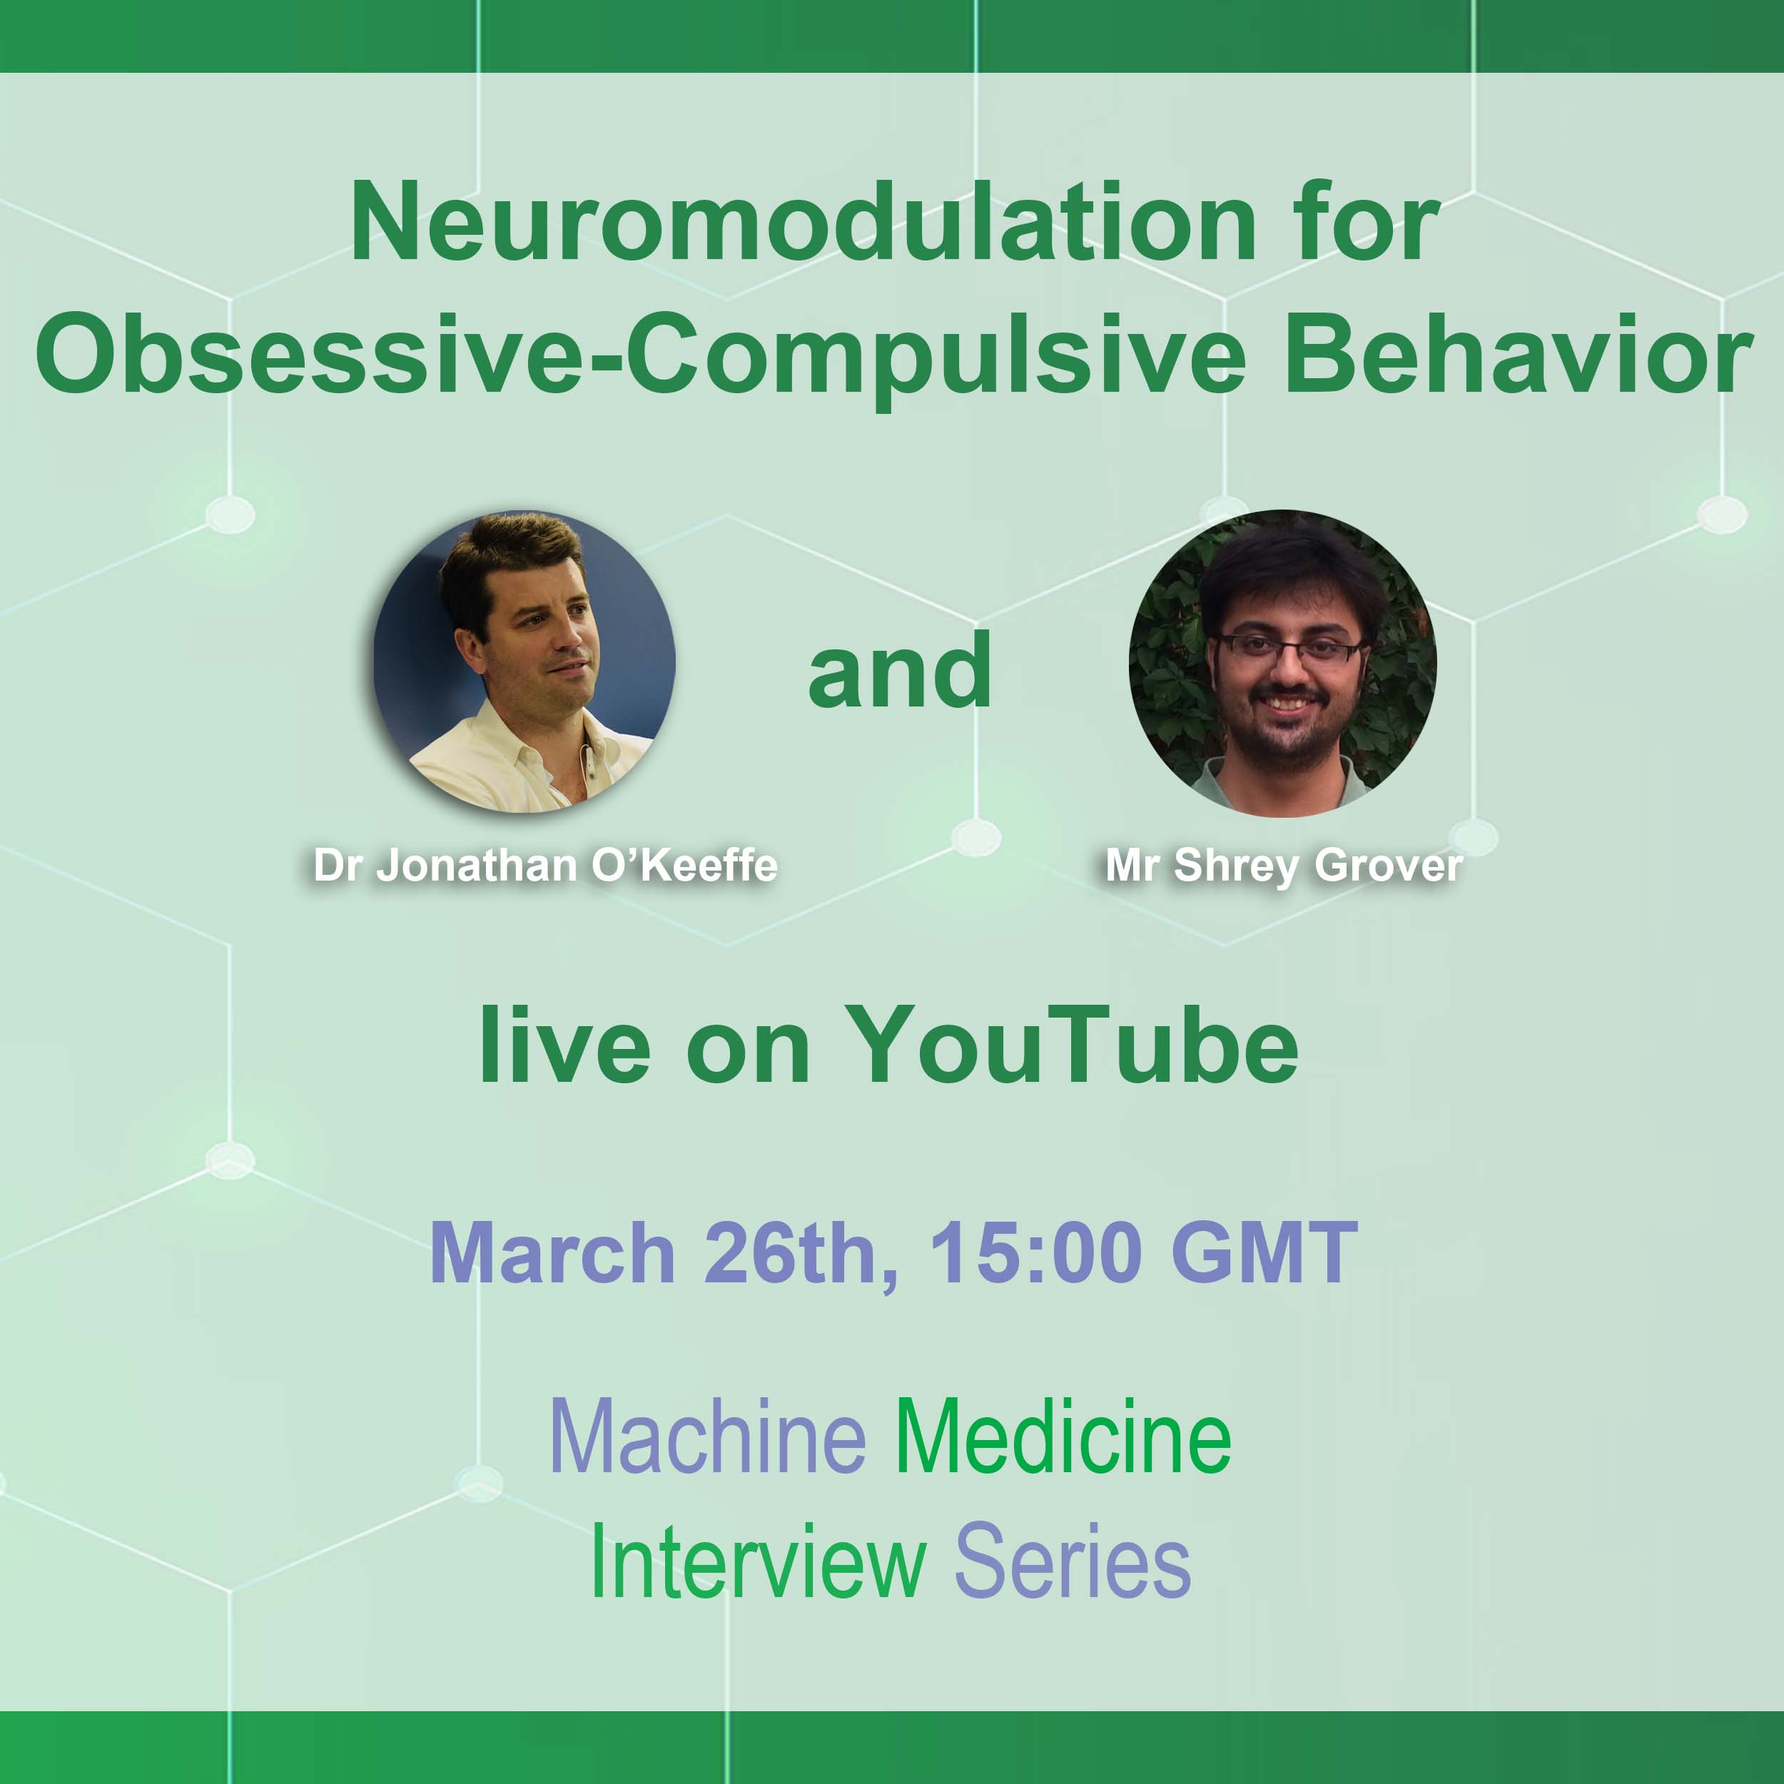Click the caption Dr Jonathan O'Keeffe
544,865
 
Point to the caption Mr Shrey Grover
1284,865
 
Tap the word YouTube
1071,1045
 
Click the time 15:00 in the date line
1034,1253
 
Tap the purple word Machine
707,1438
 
